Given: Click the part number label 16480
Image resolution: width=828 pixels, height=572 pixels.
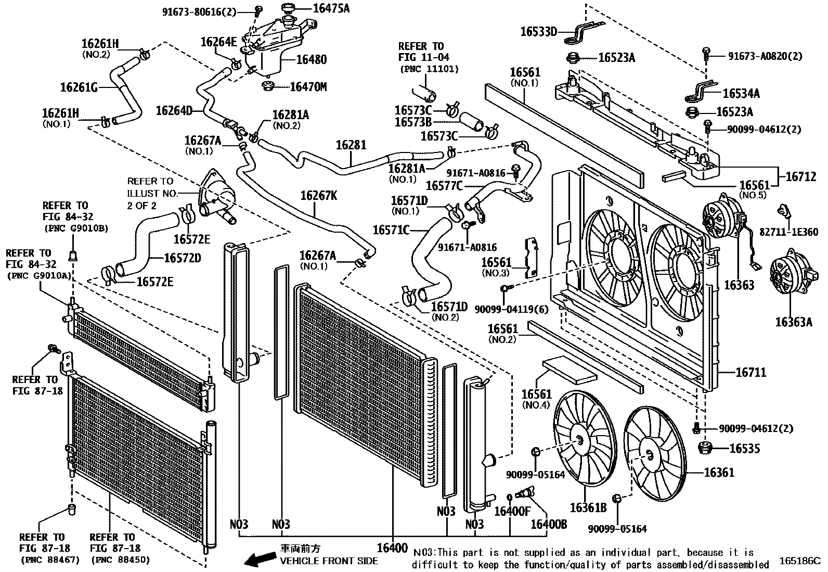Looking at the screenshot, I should [311, 59].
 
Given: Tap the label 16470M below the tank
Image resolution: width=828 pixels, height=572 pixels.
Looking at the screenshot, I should [308, 87].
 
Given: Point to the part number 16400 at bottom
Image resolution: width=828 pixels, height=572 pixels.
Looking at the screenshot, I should [392, 548].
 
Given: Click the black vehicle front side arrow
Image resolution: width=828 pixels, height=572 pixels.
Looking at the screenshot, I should [260, 559].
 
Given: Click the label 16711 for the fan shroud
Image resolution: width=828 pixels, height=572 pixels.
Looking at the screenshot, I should [751, 373].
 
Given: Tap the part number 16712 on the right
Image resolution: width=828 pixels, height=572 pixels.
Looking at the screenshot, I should [800, 177].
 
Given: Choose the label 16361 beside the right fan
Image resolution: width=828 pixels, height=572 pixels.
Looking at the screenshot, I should [719, 473].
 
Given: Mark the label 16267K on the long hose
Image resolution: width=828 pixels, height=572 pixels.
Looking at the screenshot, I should [318, 196].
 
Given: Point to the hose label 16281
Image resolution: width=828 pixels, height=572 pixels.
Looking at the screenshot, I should [351, 145].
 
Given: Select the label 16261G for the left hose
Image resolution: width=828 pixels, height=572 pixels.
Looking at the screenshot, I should [79, 87].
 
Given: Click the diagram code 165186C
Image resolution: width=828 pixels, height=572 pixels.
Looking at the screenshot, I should [799, 561].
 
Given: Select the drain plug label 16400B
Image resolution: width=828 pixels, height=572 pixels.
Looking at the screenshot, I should [548, 524].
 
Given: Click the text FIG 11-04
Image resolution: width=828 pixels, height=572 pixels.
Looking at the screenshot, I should [424, 57].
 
